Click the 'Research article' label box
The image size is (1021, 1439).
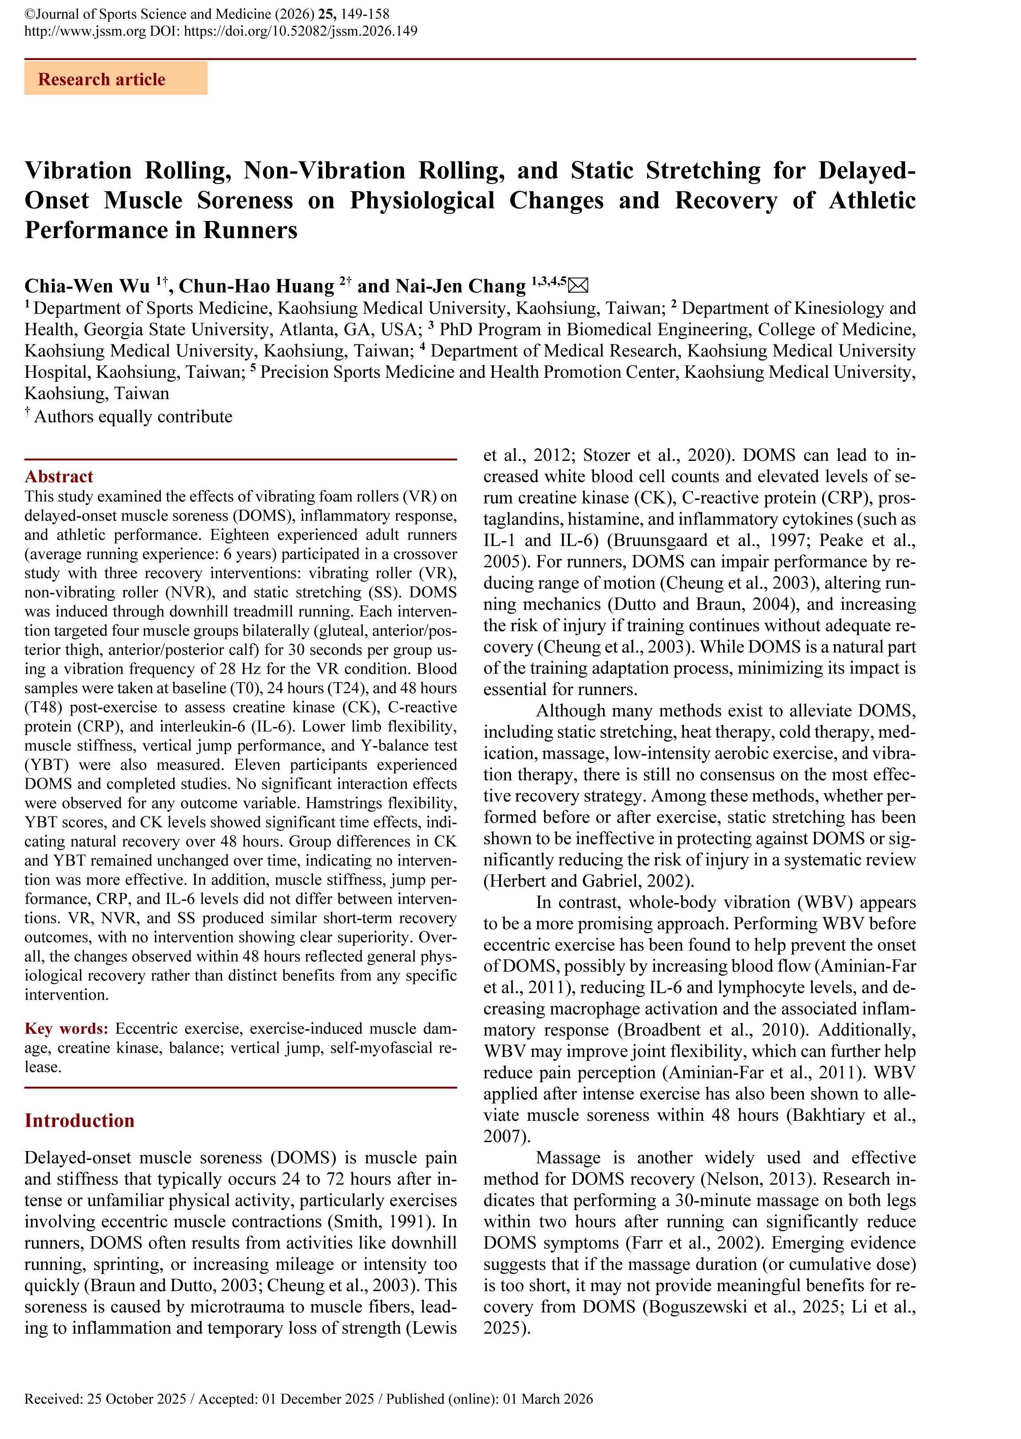(x=115, y=79)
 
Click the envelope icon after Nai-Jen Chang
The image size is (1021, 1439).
(x=578, y=286)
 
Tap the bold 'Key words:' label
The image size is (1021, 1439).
(x=67, y=1028)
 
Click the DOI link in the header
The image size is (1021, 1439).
(x=301, y=31)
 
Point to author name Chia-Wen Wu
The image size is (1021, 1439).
(x=87, y=286)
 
